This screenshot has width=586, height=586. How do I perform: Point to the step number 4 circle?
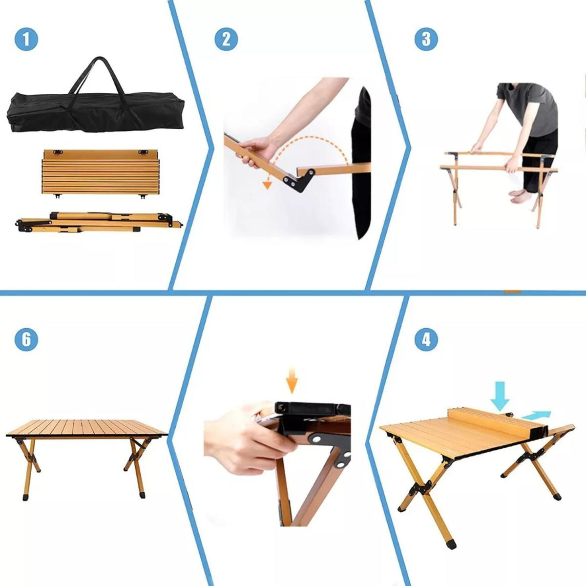click(426, 339)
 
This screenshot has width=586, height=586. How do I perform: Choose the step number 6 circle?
click(26, 339)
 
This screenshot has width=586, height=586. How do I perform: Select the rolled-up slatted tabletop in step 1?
click(100, 172)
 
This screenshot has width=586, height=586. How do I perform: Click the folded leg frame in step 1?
click(99, 222)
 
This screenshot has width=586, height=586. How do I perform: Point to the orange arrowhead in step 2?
click(267, 185)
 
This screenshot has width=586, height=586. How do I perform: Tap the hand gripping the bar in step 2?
click(258, 150)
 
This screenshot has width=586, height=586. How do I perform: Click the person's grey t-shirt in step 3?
click(527, 108)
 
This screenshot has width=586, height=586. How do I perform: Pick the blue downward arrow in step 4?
click(500, 396)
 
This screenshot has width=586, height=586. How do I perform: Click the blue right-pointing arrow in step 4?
click(536, 415)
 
